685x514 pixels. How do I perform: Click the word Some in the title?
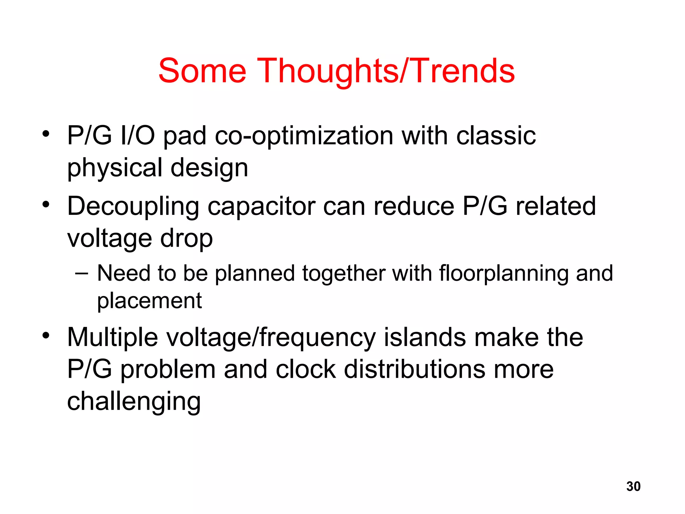pos(202,71)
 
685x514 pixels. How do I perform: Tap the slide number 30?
pos(633,486)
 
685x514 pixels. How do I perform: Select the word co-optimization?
pos(304,137)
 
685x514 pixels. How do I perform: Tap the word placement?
pos(149,301)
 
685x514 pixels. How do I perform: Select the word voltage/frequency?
pos(271,338)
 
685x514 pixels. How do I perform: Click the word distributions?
pos(414,369)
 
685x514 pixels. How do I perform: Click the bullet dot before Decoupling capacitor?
pos(46,204)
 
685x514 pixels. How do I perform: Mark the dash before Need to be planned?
pos(82,273)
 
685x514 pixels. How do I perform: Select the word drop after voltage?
pos(186,239)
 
